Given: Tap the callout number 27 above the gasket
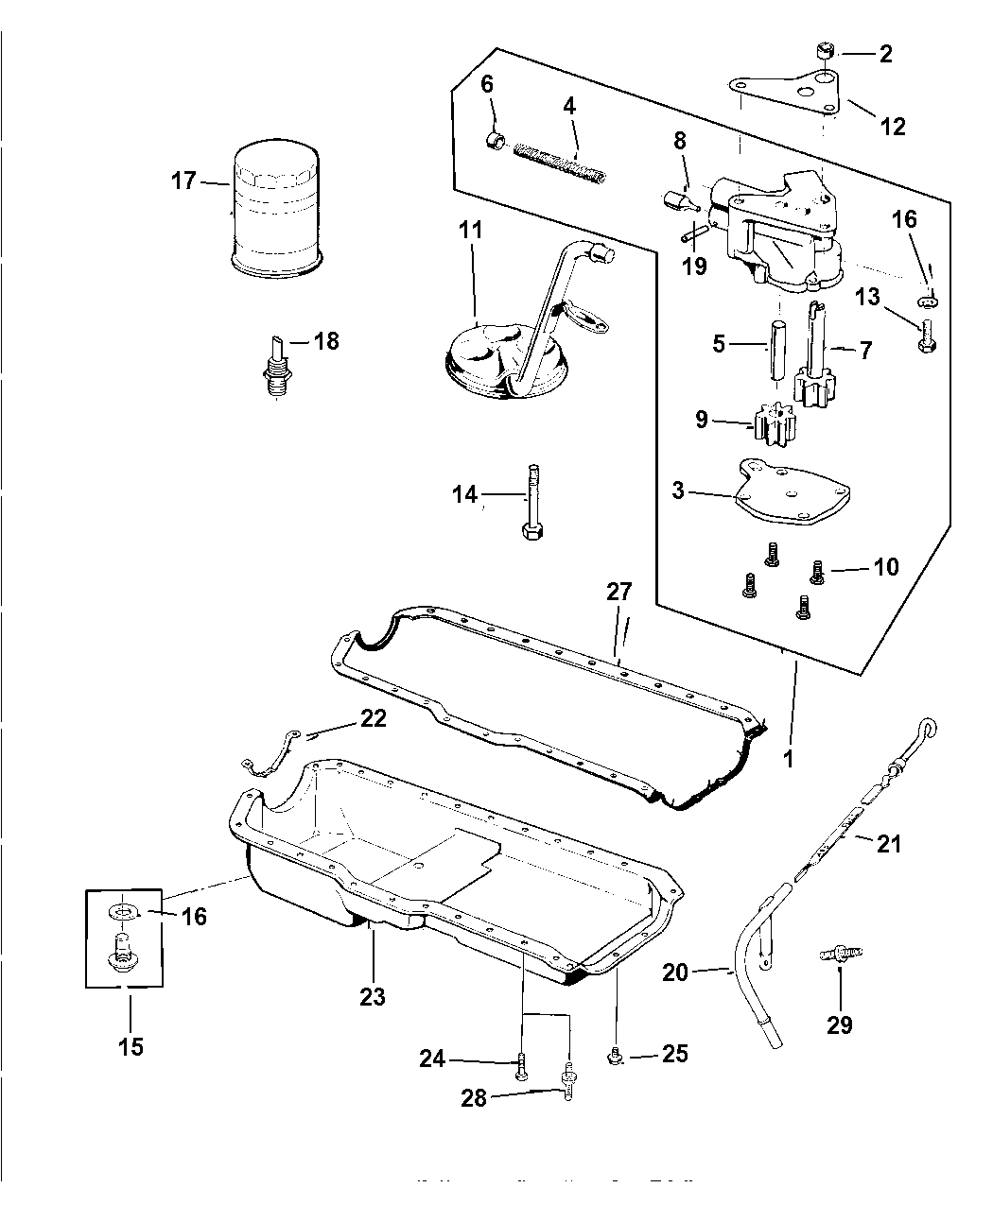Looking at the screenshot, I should (x=619, y=593).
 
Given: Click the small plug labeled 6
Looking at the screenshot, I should (x=493, y=142).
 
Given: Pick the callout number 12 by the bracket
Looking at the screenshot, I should (x=893, y=125).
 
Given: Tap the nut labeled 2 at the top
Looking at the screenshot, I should (x=826, y=52).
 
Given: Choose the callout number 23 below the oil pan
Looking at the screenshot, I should (x=373, y=995).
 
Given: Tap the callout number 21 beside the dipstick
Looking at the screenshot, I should (x=889, y=843).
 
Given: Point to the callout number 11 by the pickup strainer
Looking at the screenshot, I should (x=471, y=230).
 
